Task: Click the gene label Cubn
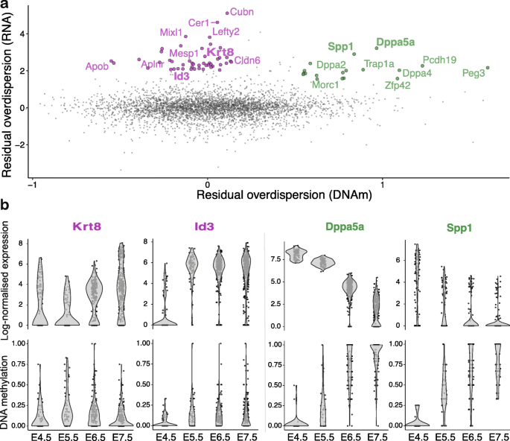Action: (x=242, y=11)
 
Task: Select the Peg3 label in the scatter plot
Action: (x=474, y=73)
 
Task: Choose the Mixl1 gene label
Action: (x=170, y=32)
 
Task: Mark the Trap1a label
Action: (x=378, y=64)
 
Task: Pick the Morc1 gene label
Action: (x=325, y=84)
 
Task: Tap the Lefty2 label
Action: (x=226, y=31)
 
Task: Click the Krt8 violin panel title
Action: (x=87, y=225)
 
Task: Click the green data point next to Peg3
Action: (x=488, y=68)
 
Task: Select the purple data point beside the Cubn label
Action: (x=227, y=13)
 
